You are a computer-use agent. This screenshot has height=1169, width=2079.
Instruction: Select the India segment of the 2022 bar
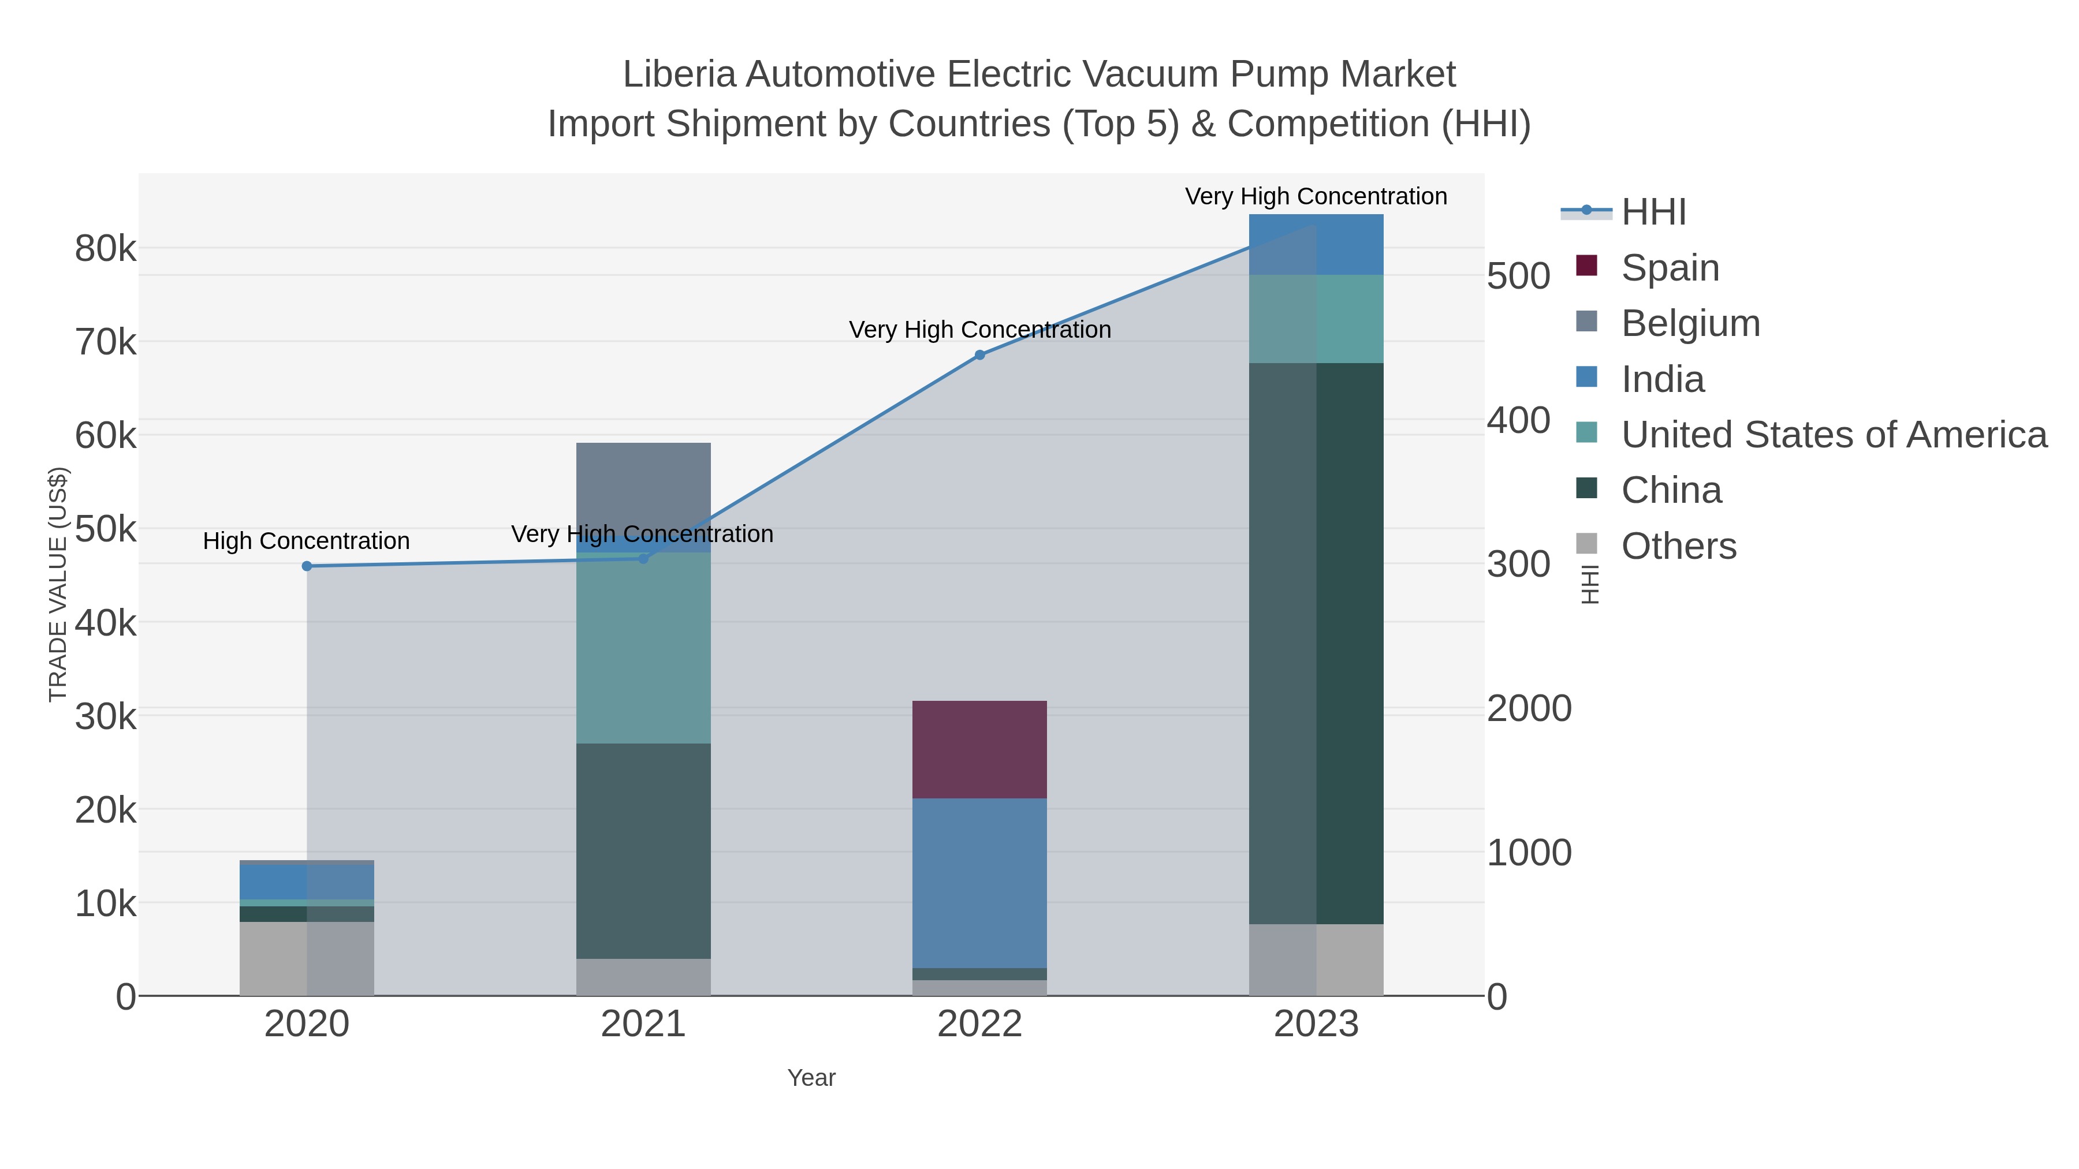click(979, 883)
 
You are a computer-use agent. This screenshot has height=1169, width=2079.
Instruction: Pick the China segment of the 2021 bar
click(643, 850)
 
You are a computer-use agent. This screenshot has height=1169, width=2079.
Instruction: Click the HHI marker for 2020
click(307, 566)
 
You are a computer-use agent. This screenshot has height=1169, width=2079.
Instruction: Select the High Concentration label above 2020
click(307, 540)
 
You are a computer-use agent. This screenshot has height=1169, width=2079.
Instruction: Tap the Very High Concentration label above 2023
click(1316, 196)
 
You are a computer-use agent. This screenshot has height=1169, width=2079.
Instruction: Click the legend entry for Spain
click(1669, 268)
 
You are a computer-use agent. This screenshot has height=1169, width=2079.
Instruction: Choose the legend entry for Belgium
click(1690, 323)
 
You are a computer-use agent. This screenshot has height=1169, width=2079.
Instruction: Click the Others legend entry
click(1678, 546)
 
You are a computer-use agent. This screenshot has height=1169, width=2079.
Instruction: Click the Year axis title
click(811, 1078)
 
